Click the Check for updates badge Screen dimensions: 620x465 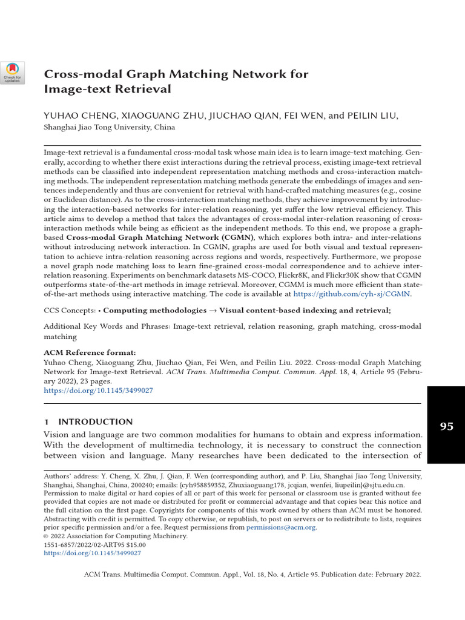pos(13,73)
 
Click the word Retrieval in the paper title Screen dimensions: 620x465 pos(147,90)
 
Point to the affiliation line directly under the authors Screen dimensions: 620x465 pos(110,127)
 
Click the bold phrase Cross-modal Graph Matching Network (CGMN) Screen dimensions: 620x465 pos(160,238)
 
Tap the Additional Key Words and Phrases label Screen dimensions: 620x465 pos(108,326)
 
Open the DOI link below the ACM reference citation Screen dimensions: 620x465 pos(99,391)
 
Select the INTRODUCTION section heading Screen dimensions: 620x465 pos(94,421)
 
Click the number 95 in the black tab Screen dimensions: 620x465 pos(446,426)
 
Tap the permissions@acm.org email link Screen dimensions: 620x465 pos(281,527)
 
